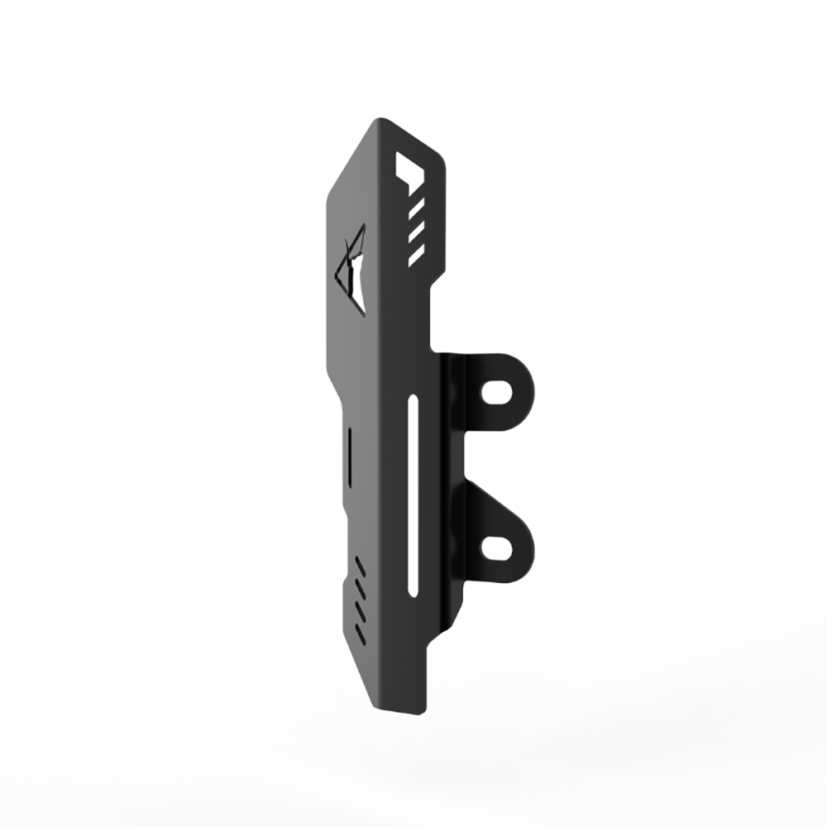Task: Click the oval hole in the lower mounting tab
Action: tap(496, 546)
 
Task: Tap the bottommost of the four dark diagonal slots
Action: tap(360, 632)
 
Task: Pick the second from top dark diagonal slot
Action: tap(360, 589)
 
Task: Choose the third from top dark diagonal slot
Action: tap(360, 610)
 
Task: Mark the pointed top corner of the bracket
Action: tap(375, 120)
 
